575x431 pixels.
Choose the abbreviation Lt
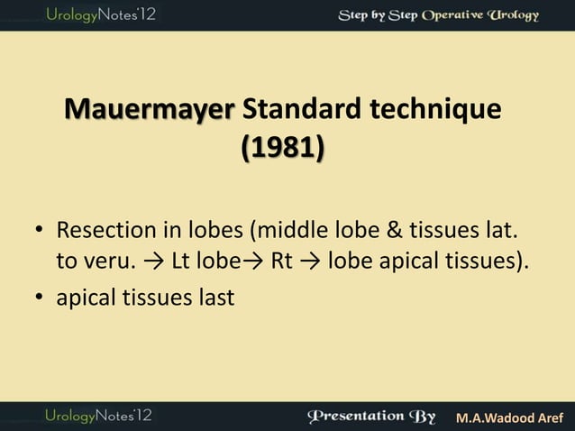pos(181,262)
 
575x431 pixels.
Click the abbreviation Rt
pos(281,262)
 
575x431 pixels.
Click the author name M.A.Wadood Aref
pos(509,417)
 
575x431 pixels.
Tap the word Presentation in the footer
pos(355,416)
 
